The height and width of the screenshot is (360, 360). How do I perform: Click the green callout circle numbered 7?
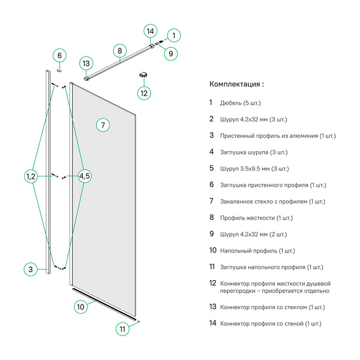pyautogui.click(x=103, y=125)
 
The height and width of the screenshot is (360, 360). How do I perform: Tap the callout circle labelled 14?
pyautogui.click(x=150, y=31)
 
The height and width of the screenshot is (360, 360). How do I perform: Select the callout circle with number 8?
pyautogui.click(x=119, y=50)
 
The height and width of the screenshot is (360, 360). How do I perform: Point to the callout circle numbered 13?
pyautogui.click(x=86, y=63)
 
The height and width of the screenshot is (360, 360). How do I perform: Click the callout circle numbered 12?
pyautogui.click(x=144, y=93)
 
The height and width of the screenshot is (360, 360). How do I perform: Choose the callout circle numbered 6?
pyautogui.click(x=59, y=55)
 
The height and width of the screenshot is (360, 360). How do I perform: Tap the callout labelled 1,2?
pyautogui.click(x=30, y=176)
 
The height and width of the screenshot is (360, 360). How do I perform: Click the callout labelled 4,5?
pyautogui.click(x=85, y=176)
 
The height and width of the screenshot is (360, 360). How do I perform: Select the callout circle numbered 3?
pyautogui.click(x=30, y=269)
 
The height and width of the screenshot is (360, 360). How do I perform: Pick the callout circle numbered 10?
pyautogui.click(x=80, y=307)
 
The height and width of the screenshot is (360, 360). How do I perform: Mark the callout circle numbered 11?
pyautogui.click(x=122, y=329)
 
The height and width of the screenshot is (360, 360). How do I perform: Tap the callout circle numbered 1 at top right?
pyautogui.click(x=173, y=35)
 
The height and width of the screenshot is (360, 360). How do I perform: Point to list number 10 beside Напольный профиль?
pyautogui.click(x=213, y=250)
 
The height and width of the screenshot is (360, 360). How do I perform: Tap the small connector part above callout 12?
pyautogui.click(x=144, y=75)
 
